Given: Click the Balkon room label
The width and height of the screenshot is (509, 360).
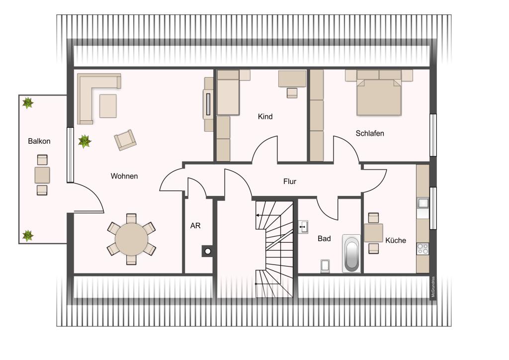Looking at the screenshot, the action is click(39, 141).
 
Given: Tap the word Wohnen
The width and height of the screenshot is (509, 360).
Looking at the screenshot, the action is click(124, 176).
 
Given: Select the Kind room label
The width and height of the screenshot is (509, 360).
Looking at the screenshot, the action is click(265, 116).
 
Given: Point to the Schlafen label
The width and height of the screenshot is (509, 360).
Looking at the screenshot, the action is click(370, 133).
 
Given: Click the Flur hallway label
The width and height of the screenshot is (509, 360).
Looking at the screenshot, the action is click(290, 181).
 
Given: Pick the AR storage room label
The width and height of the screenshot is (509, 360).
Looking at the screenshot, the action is click(195, 226).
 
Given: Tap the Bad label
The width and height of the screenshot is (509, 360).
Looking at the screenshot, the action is click(324, 239).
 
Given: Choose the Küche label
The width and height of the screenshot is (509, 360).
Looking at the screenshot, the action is click(396, 240).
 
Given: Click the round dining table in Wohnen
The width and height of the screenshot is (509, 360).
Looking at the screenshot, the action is click(131, 239).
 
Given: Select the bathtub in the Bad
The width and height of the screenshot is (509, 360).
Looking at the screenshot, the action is click(351, 254).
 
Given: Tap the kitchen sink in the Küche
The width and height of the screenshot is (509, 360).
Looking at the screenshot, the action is click(423, 203).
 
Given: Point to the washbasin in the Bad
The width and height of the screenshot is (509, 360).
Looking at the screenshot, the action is click(303, 227).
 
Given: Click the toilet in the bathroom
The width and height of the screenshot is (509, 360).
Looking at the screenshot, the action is click(325, 266).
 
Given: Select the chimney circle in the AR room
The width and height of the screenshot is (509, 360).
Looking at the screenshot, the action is click(208, 251).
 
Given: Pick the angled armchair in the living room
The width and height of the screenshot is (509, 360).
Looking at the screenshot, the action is click(125, 140).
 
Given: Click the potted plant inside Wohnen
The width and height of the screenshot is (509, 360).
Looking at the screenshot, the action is click(85, 141).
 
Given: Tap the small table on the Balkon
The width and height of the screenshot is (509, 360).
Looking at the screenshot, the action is click(42, 175).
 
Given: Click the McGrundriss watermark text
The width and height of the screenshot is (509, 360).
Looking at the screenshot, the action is click(433, 287).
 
